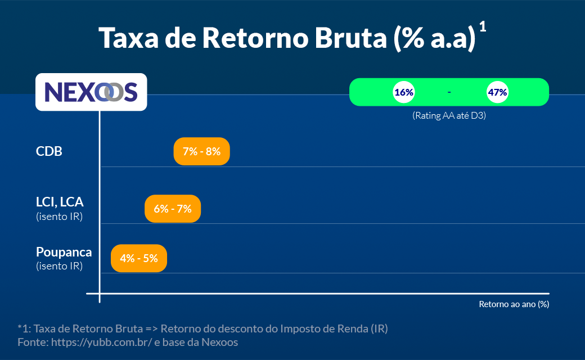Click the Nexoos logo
(x=91, y=92)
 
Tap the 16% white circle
(x=404, y=92)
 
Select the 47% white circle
(x=498, y=92)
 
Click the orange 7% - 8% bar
(x=201, y=151)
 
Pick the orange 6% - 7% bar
(x=173, y=209)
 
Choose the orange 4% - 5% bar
(x=139, y=258)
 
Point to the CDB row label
(x=49, y=151)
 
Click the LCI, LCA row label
(x=60, y=202)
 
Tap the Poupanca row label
(x=64, y=252)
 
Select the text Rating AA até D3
(x=449, y=116)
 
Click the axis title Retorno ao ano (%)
(x=514, y=304)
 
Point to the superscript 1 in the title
(x=483, y=26)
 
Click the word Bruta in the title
(x=351, y=38)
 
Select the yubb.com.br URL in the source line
(x=101, y=342)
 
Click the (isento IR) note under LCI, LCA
(x=59, y=217)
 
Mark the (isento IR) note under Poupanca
(x=59, y=266)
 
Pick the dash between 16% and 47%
(x=449, y=92)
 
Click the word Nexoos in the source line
(x=219, y=342)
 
